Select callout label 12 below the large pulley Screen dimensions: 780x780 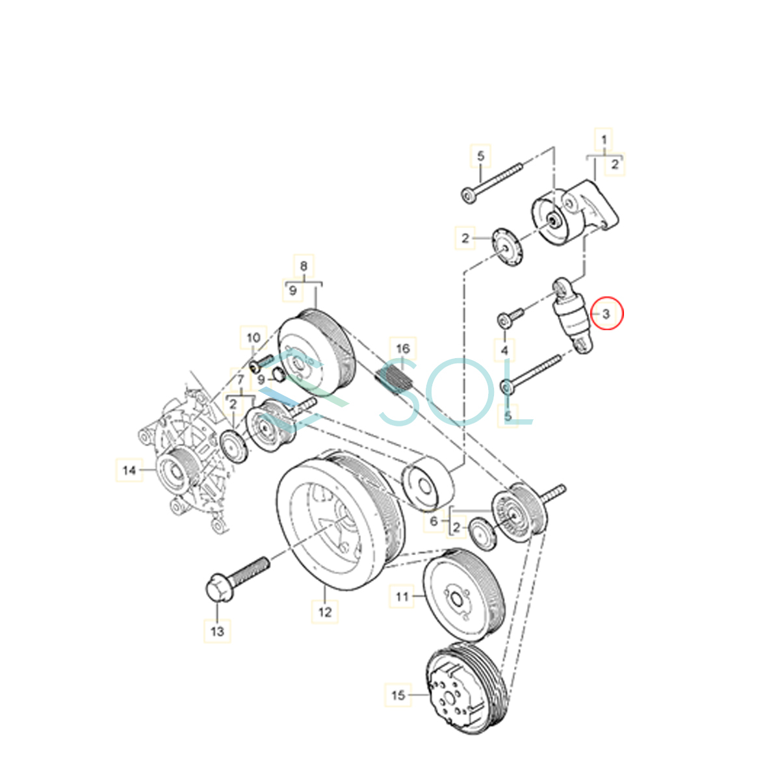325,611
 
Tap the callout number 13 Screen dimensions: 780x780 217,630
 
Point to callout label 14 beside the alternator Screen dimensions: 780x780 129,470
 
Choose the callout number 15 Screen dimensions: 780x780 398,695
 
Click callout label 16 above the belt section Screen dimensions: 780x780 402,348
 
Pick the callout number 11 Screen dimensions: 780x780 402,595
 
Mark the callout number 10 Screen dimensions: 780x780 253,337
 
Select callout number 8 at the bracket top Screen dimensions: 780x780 304,265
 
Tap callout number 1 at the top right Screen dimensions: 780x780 604,139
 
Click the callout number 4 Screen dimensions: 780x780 504,351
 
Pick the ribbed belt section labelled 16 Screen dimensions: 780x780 395,381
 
